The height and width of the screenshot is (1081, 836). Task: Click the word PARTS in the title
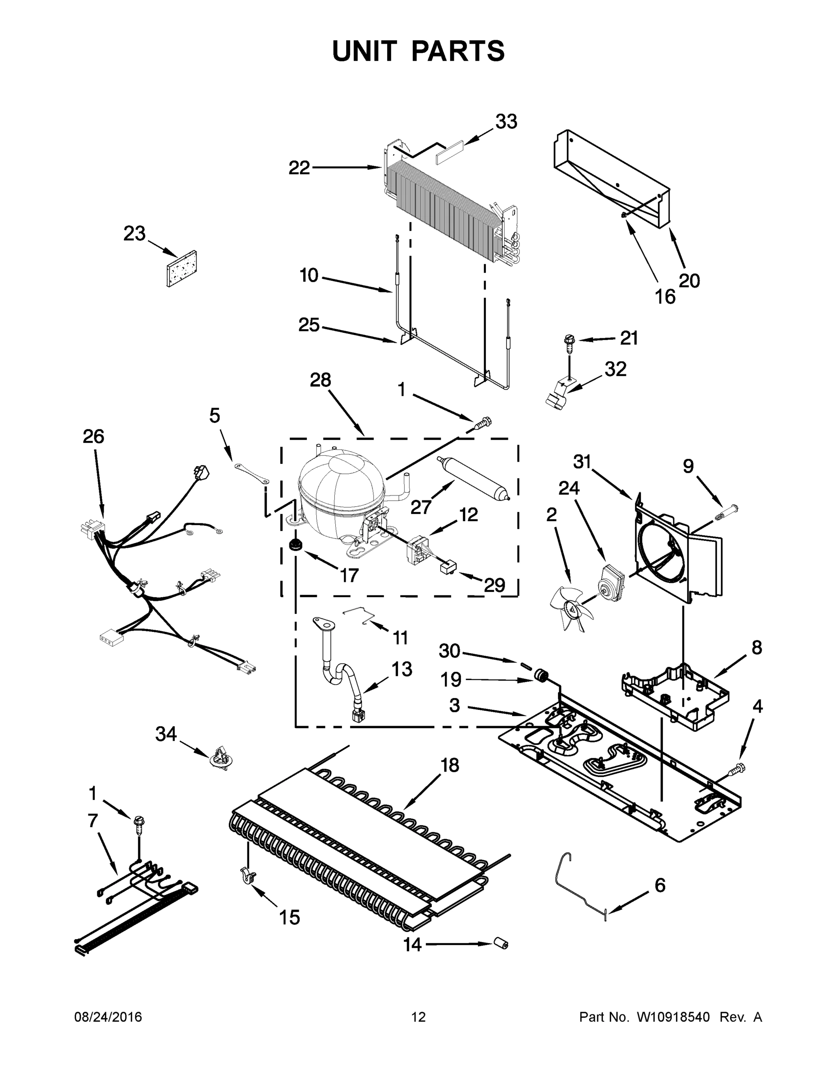coord(458,51)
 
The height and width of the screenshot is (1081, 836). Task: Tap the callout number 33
coord(506,121)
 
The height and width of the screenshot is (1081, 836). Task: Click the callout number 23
coord(134,234)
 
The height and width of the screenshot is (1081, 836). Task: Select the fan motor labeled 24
coord(612,580)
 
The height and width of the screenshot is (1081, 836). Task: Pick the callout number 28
coord(320,380)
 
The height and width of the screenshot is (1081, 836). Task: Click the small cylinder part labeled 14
coord(501,945)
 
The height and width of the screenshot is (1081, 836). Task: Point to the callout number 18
coord(450,765)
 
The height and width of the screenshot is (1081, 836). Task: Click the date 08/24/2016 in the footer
coord(108,1017)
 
